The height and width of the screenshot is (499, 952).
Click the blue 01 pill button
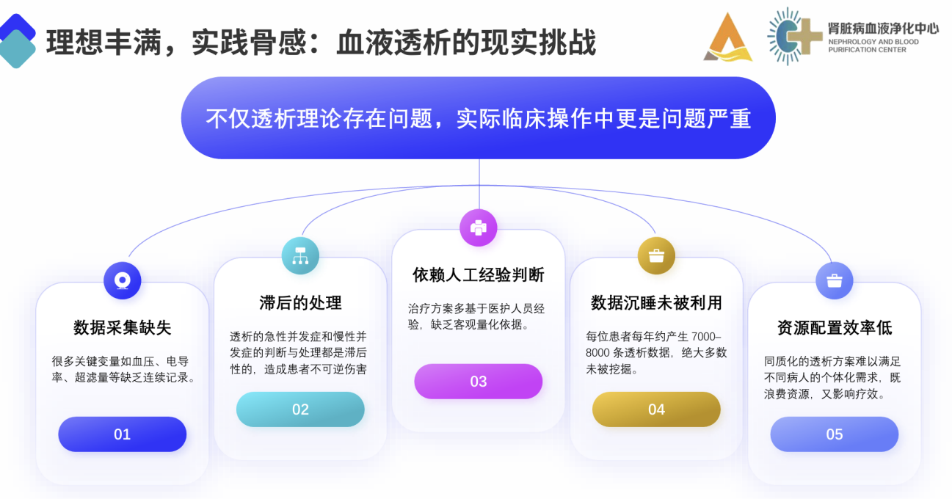(x=123, y=434)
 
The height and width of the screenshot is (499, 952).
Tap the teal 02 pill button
(x=300, y=409)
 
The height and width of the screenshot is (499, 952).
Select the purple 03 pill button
(x=479, y=382)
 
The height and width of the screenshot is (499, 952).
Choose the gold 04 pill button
(x=657, y=409)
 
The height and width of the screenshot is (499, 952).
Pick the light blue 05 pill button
(x=835, y=434)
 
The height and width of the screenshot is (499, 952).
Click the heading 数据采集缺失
(x=123, y=328)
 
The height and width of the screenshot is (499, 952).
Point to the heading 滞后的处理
(x=300, y=303)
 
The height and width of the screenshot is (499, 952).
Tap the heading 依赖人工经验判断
(x=479, y=275)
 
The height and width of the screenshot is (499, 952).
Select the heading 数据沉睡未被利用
(x=657, y=303)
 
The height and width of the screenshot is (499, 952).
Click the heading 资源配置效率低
(x=835, y=328)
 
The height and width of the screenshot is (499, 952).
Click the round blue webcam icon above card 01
(x=123, y=280)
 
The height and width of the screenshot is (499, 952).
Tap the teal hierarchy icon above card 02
(x=300, y=256)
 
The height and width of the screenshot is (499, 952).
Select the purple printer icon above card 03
(x=479, y=227)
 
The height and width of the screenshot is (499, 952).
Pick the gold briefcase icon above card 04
(x=657, y=256)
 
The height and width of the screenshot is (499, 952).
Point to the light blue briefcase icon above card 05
(x=835, y=280)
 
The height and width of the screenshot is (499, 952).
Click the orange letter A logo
(x=727, y=37)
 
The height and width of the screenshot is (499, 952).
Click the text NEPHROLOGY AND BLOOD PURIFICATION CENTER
(x=873, y=45)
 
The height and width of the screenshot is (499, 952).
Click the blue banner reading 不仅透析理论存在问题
(x=479, y=118)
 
